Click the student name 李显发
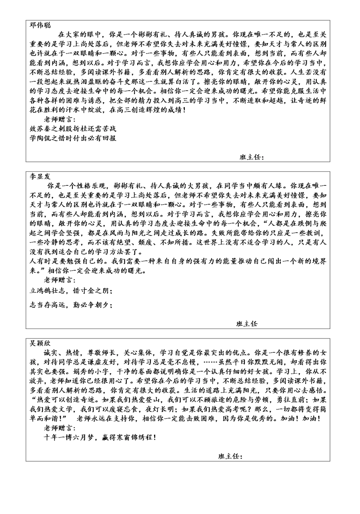[40, 176]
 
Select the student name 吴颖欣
[40, 343]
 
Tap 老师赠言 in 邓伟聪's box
[59, 119]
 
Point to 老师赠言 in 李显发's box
[59, 279]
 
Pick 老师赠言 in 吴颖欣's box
[59, 428]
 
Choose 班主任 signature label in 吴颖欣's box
[230, 456]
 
